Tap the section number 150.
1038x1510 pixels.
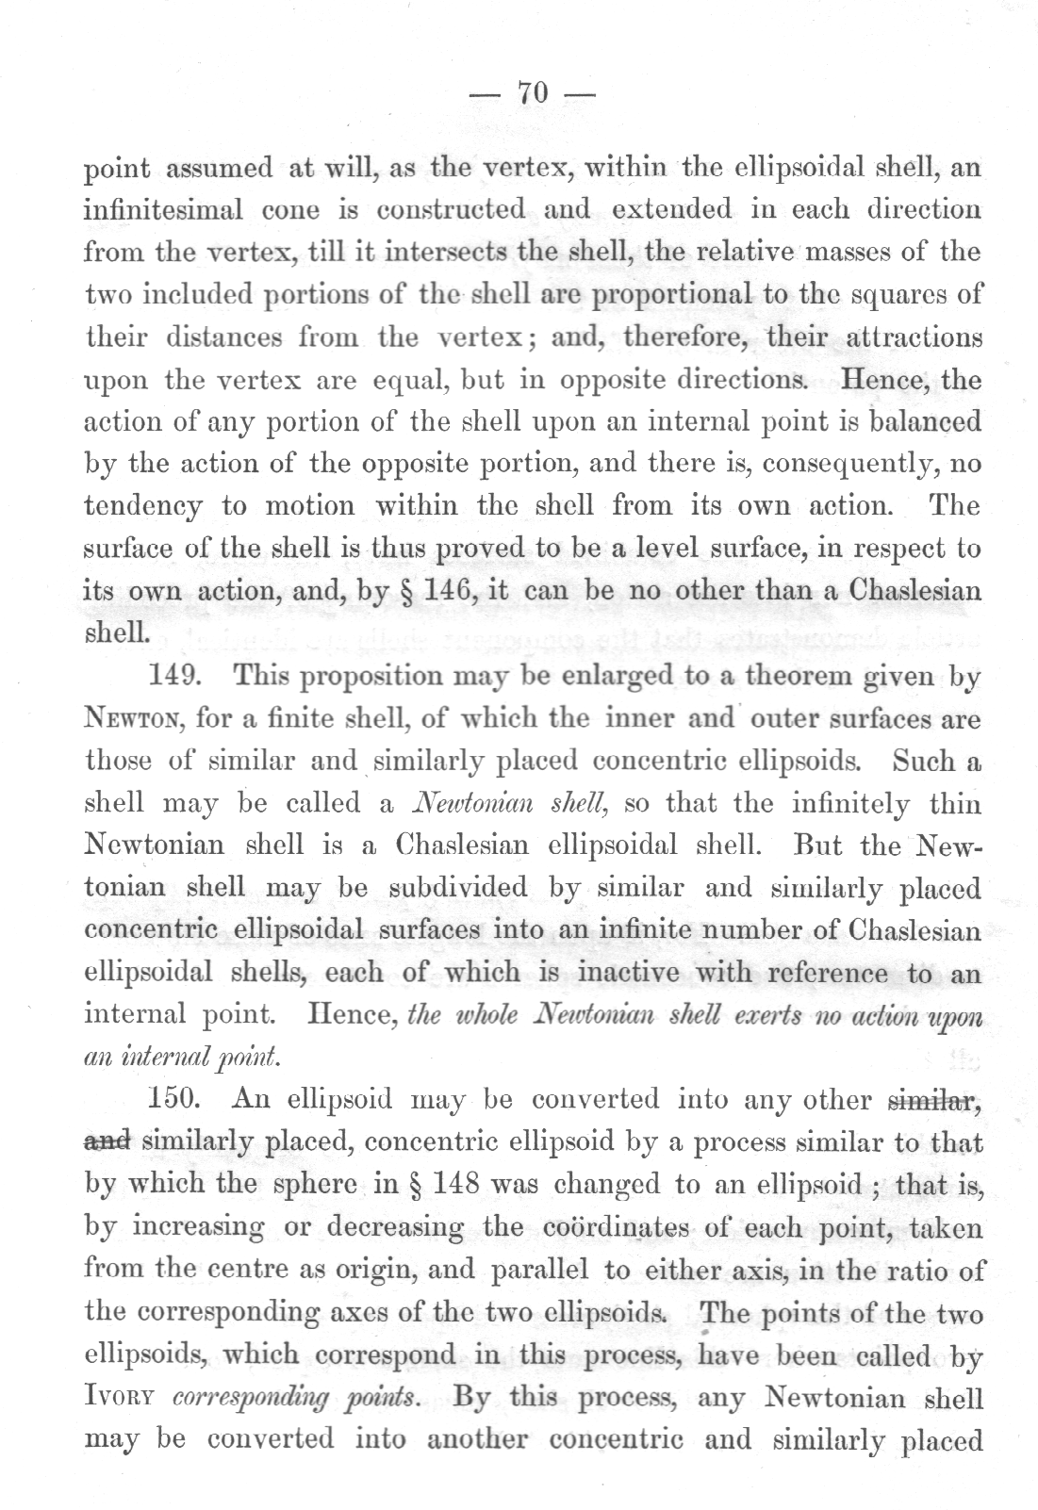pyautogui.click(x=176, y=1100)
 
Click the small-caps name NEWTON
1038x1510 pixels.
pyautogui.click(x=136, y=720)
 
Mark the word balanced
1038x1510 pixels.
pyautogui.click(x=920, y=421)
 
